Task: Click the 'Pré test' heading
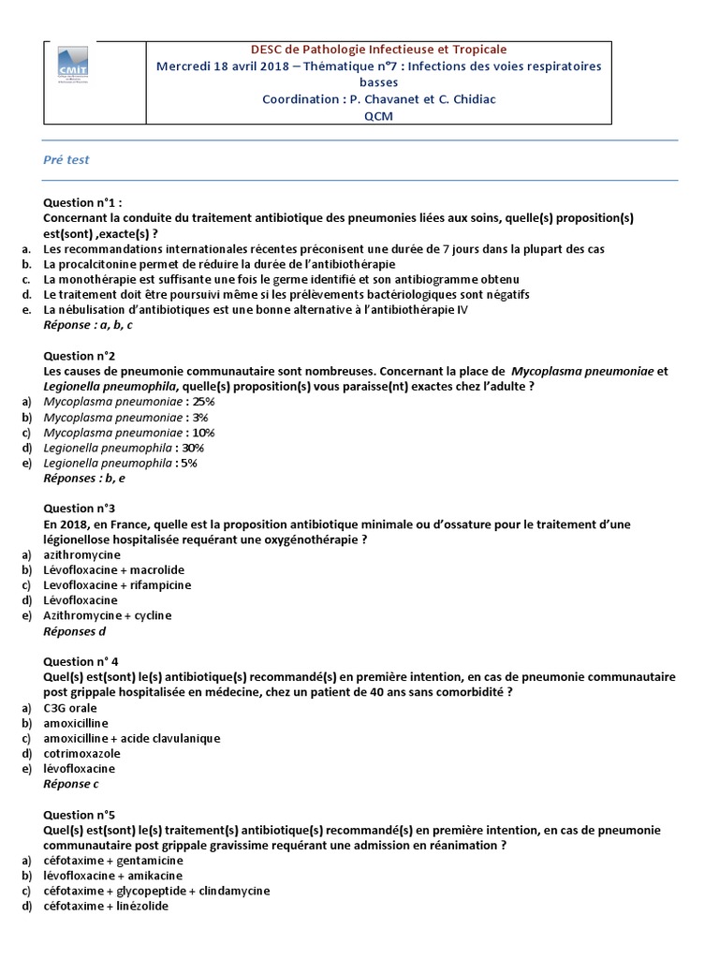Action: (66, 160)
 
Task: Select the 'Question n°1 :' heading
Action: (82, 202)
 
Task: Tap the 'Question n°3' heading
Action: (80, 509)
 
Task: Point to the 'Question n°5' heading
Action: (80, 815)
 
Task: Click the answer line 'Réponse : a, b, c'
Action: (88, 325)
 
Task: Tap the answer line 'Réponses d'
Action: (75, 631)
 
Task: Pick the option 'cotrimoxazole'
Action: (82, 753)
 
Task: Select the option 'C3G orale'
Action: (69, 708)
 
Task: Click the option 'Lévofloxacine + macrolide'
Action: (114, 569)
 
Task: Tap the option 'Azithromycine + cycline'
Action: (108, 615)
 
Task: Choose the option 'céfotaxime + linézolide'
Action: (107, 906)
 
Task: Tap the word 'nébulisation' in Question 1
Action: (101, 310)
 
